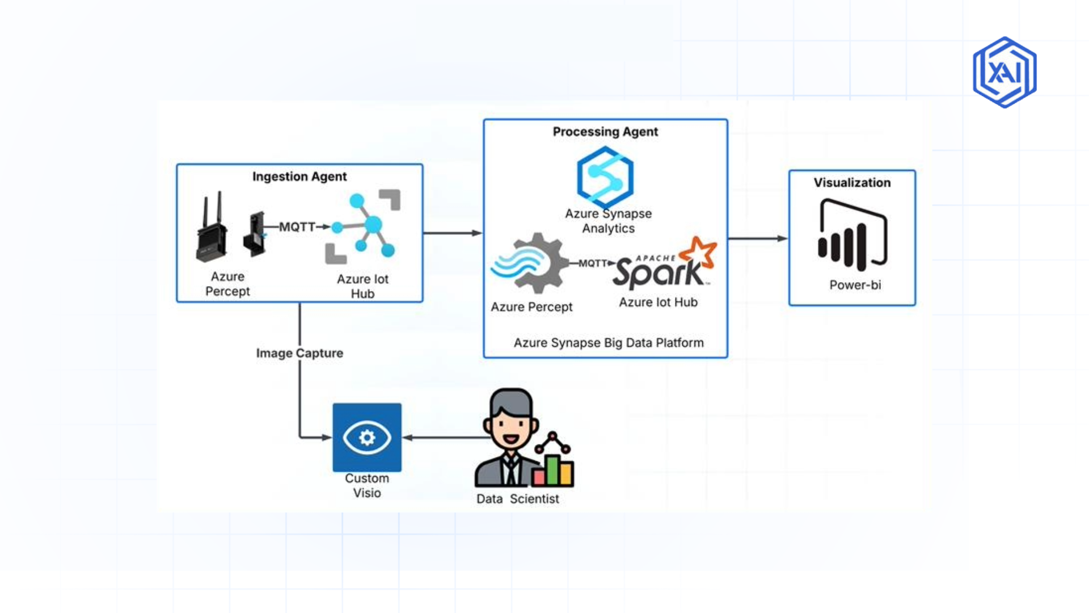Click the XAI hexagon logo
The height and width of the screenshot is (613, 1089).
tap(1004, 72)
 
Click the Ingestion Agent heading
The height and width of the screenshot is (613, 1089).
tap(299, 177)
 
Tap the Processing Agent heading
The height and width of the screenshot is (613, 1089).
tap(605, 132)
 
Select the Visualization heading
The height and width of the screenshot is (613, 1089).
tap(852, 183)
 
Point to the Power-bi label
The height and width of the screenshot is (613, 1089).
tap(855, 285)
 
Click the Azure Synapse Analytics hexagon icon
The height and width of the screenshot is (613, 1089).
tap(605, 178)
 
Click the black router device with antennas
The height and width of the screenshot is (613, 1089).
tap(212, 230)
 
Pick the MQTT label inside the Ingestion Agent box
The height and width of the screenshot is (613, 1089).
tap(297, 227)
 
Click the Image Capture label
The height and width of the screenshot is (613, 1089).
tap(299, 353)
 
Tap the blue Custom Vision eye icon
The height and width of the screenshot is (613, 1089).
tap(367, 437)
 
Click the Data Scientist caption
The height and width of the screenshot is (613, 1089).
tap(517, 499)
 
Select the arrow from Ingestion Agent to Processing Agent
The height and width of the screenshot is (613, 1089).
tap(453, 233)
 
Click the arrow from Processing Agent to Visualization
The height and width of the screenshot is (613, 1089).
tap(758, 238)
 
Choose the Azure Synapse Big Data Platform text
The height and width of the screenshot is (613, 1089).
tap(609, 343)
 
